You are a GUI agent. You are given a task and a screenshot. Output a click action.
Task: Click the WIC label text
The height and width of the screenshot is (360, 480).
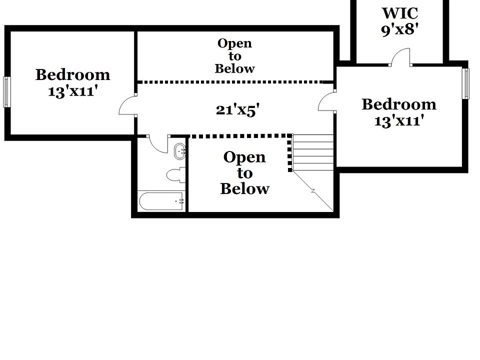click(399, 13)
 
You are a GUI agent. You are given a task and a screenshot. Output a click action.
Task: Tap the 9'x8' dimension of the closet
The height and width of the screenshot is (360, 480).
click(399, 29)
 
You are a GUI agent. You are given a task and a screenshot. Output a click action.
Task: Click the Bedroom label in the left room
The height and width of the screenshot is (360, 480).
click(73, 75)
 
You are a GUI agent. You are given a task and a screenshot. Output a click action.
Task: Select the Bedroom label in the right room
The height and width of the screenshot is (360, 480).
click(398, 104)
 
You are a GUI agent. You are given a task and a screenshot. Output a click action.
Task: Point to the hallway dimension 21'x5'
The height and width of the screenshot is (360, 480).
click(237, 109)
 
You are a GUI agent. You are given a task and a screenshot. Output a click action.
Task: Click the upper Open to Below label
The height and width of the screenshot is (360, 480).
click(234, 56)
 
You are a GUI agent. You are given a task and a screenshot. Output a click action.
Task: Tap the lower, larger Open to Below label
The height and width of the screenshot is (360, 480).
click(244, 173)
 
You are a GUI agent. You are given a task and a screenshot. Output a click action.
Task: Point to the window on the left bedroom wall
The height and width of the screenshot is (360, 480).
click(7, 91)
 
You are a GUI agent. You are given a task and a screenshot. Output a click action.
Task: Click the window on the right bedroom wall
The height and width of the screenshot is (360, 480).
click(465, 83)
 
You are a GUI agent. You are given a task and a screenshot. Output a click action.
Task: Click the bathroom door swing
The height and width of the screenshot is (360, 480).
click(159, 144)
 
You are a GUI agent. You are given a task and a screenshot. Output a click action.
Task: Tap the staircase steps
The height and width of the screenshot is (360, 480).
click(313, 152)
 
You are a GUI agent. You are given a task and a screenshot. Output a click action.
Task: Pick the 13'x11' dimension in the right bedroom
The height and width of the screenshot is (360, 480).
click(399, 120)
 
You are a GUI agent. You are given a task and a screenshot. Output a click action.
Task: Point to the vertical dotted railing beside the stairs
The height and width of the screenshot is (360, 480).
click(289, 153)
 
